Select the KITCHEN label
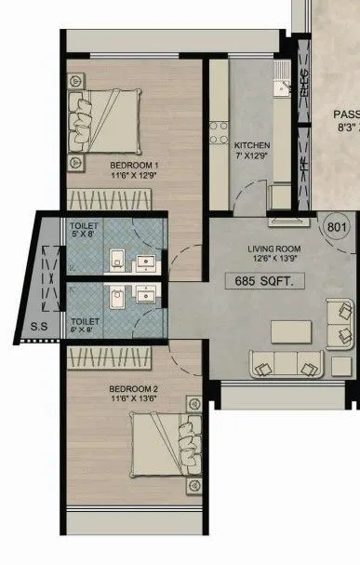tap(252, 146)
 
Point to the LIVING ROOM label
tap(271, 249)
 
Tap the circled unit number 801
tap(337, 226)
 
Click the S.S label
tap(39, 327)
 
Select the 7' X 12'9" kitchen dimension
tap(252, 156)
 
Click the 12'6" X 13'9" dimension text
tap(271, 260)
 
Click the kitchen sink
tap(284, 87)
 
